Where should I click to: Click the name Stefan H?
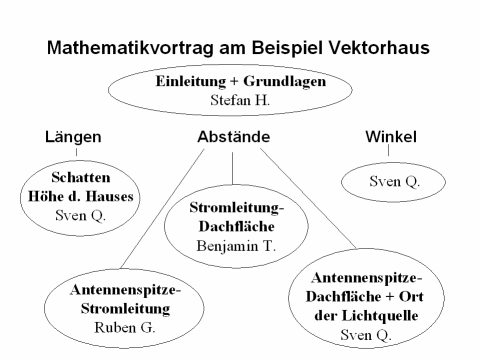(x=240, y=100)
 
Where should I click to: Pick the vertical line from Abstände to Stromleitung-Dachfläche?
(x=233, y=170)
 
